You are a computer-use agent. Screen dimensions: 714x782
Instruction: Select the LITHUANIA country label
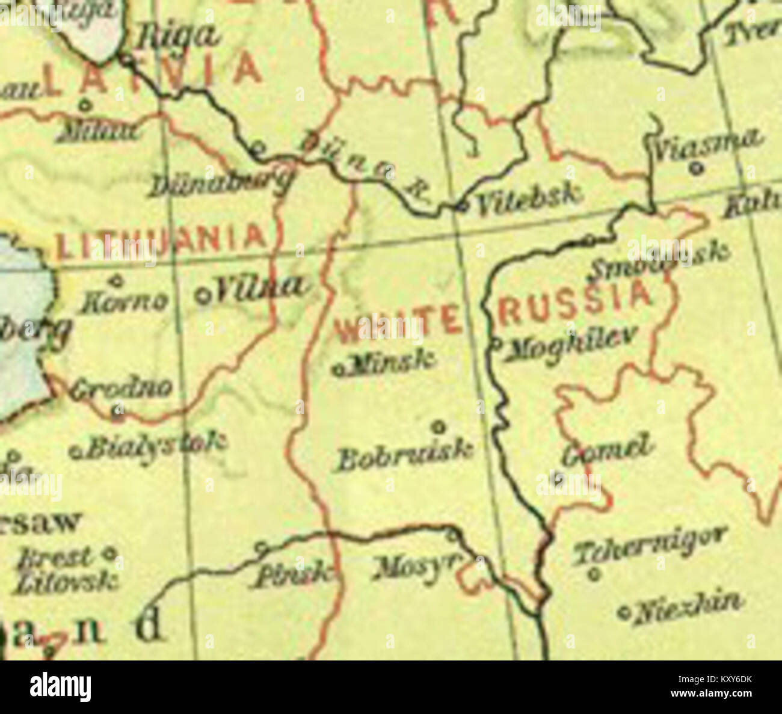point(160,239)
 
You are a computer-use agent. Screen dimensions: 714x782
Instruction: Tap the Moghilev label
point(568,344)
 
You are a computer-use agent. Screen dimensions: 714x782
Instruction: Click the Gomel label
point(607,449)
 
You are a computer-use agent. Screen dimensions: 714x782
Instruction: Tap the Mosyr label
point(416,568)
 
